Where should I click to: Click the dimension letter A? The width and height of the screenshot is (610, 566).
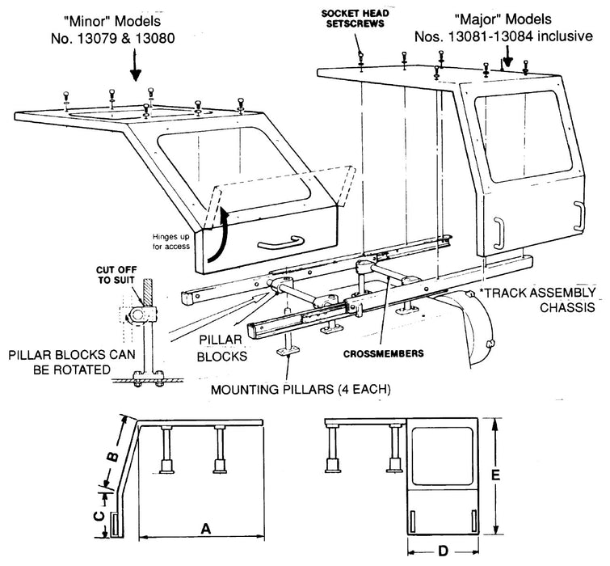(x=205, y=528)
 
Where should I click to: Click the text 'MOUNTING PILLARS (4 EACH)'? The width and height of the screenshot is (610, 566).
(x=301, y=389)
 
